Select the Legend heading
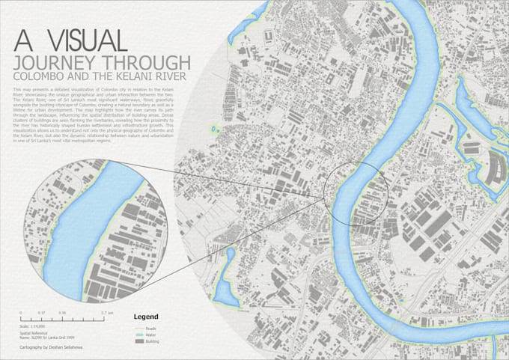[x=145, y=317]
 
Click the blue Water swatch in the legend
[x=138, y=335]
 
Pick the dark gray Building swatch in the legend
[x=138, y=341]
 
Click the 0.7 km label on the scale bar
[x=107, y=312]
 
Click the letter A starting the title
[x=22, y=40]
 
